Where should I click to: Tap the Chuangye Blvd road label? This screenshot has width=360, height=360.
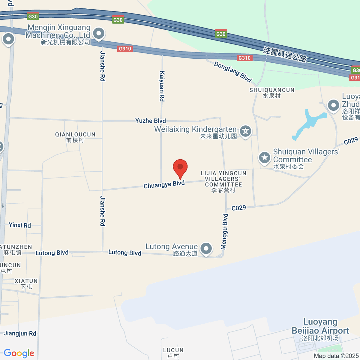click(x=164, y=184)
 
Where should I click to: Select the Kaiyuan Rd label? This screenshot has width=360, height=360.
click(x=162, y=86)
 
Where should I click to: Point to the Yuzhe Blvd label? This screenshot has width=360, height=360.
click(x=150, y=121)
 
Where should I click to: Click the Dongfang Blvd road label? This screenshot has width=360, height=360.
click(x=232, y=72)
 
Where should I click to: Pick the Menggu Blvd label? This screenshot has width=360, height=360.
click(x=224, y=232)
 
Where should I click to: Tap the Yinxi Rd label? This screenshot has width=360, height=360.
click(x=20, y=225)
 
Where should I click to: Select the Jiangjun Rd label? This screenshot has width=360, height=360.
click(x=20, y=333)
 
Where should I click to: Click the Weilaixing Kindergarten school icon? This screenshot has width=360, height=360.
click(x=246, y=131)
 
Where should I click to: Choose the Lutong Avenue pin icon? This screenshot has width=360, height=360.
click(x=206, y=248)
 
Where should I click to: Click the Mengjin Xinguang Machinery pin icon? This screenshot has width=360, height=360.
click(x=98, y=34)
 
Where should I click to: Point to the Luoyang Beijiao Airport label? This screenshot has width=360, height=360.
click(x=320, y=326)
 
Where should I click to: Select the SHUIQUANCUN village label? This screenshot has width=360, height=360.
click(x=272, y=93)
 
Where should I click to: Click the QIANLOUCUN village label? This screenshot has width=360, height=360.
click(x=75, y=137)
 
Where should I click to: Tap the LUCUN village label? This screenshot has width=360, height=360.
click(x=173, y=353)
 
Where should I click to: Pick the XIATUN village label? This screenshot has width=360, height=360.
click(x=26, y=283)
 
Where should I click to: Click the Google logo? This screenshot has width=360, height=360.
click(x=19, y=353)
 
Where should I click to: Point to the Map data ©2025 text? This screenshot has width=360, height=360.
click(x=336, y=356)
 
